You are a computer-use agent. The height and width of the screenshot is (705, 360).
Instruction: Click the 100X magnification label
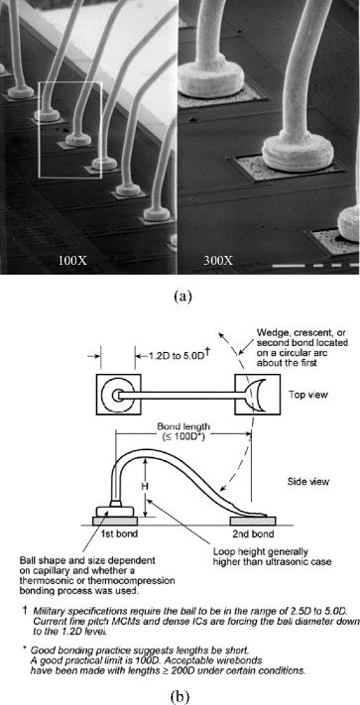(72, 261)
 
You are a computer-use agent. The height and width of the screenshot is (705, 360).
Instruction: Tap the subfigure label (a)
(179, 294)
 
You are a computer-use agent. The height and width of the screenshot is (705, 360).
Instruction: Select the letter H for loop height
(146, 488)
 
